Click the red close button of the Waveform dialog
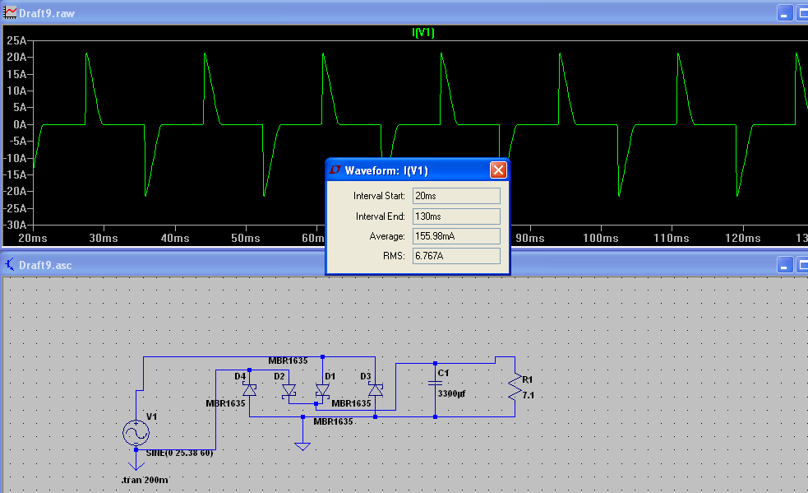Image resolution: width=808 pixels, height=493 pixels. point(498,170)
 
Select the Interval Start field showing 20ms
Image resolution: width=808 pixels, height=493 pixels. point(456,196)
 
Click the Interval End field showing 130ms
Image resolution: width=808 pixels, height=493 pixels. point(456,216)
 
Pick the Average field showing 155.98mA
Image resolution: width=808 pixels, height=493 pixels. point(456,236)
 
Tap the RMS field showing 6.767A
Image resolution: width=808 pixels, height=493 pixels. point(456,255)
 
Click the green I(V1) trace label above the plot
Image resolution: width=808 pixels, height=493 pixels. point(423,33)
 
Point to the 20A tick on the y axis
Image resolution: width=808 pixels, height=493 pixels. point(16,58)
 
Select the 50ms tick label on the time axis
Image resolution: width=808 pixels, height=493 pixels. point(246,238)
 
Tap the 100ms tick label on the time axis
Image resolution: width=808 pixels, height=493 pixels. point(601,238)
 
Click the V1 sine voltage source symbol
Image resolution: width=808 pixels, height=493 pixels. point(136,433)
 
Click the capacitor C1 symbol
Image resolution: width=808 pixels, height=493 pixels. point(436,383)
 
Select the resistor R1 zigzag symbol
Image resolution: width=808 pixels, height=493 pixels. point(515,388)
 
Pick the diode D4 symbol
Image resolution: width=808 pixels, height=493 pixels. point(249,390)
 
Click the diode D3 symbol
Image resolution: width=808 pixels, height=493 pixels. point(376,390)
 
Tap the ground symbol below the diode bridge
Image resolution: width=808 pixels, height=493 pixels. point(302,446)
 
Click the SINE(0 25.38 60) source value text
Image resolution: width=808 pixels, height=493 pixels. point(179,453)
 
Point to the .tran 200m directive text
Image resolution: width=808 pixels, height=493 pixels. point(145,480)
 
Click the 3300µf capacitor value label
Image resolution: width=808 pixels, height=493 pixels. point(451,394)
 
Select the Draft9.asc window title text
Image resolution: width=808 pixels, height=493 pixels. point(45,265)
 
